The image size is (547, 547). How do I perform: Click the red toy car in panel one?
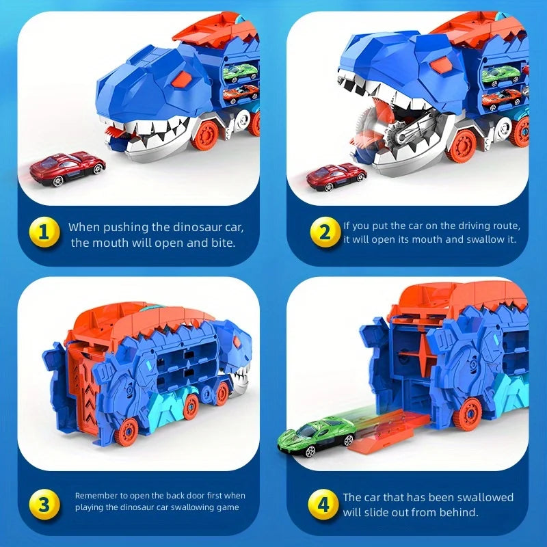coord(68,169)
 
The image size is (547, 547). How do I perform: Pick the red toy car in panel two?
coord(336,177)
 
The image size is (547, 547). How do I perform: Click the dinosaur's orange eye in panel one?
coord(183,81)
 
